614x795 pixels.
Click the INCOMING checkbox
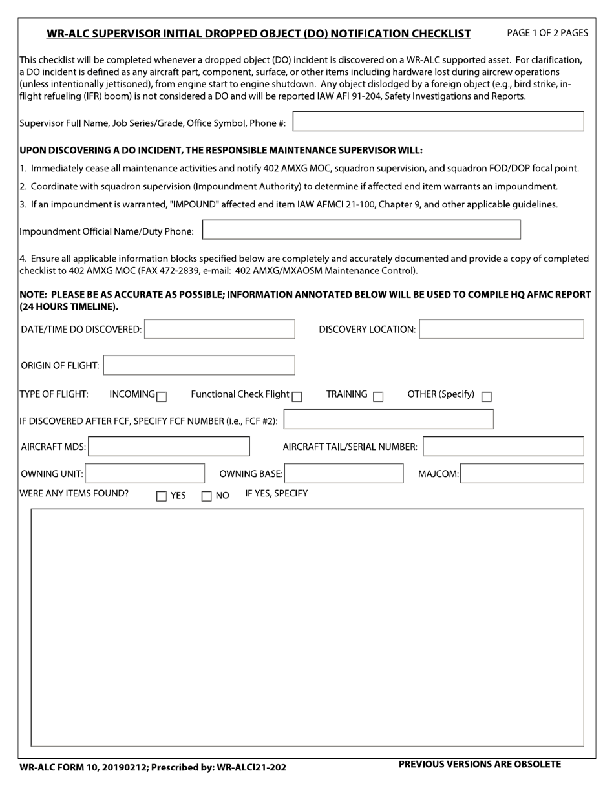pos(162,397)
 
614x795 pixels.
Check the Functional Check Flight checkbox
pos(297,397)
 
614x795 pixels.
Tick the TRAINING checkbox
pos(378,397)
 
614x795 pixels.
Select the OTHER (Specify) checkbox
pos(487,397)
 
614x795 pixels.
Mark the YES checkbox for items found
pos(162,496)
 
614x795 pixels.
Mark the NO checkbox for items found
pos(207,496)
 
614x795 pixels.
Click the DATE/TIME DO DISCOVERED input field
pos(220,329)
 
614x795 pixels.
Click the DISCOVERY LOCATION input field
pos(502,329)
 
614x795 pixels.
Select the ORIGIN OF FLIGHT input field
pos(199,365)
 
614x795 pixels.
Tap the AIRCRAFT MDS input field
pos(169,447)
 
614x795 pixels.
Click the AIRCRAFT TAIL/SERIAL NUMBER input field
pos(503,447)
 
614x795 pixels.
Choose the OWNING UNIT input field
pos(145,474)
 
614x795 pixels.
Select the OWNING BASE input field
pos(344,474)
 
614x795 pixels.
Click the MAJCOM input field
pos(523,474)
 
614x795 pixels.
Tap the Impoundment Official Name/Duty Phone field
pos(361,230)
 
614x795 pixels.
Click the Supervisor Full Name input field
pos(439,122)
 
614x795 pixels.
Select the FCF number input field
pos(388,419)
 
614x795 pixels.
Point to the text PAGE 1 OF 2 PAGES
pos(547,32)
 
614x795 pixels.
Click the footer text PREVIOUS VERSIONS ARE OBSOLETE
pos(480,765)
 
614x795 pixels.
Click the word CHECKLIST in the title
pos(438,34)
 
